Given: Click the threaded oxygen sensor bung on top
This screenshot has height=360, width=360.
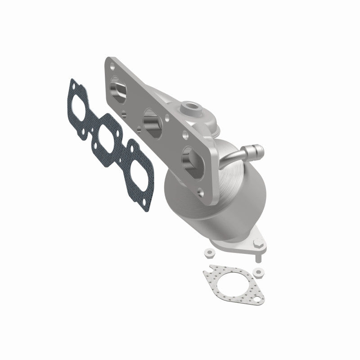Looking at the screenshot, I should (x=185, y=108).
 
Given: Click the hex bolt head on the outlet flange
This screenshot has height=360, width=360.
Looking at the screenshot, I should (x=257, y=246).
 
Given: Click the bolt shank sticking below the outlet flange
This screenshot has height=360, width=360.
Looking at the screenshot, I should (x=258, y=258).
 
